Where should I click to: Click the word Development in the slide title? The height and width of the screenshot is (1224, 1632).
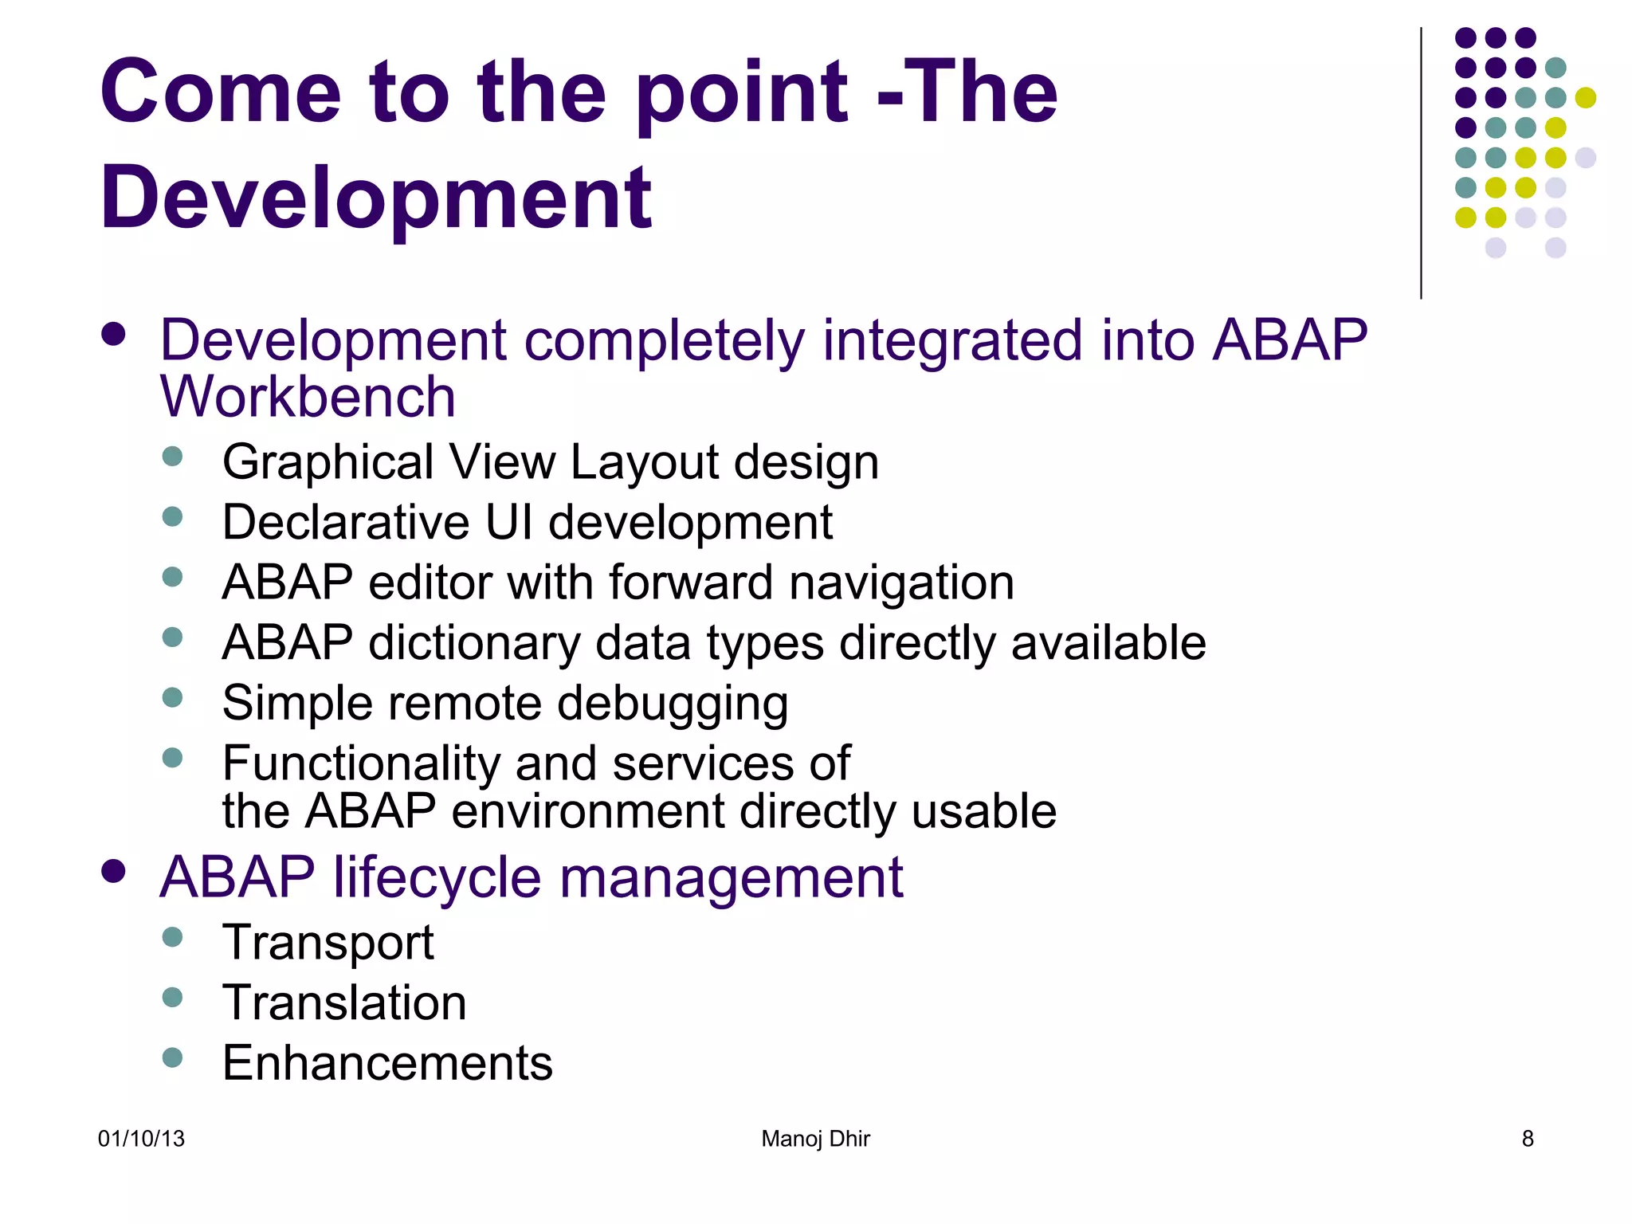[375, 198]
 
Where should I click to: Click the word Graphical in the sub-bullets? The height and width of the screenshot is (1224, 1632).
[328, 463]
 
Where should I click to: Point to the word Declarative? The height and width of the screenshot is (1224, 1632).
[346, 523]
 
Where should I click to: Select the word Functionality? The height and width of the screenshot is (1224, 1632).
[361, 763]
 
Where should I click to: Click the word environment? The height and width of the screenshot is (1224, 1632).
[587, 811]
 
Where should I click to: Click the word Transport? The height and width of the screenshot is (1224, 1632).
[328, 943]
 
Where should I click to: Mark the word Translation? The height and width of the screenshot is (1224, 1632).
[344, 1002]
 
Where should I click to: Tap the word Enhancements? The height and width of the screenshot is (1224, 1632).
[387, 1063]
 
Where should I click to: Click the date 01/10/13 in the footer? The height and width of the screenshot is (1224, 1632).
[141, 1139]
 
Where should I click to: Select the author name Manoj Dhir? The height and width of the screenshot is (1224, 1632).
[815, 1139]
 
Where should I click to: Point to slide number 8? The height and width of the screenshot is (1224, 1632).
[1527, 1139]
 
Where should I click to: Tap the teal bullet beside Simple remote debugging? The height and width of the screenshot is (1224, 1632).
[172, 697]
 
